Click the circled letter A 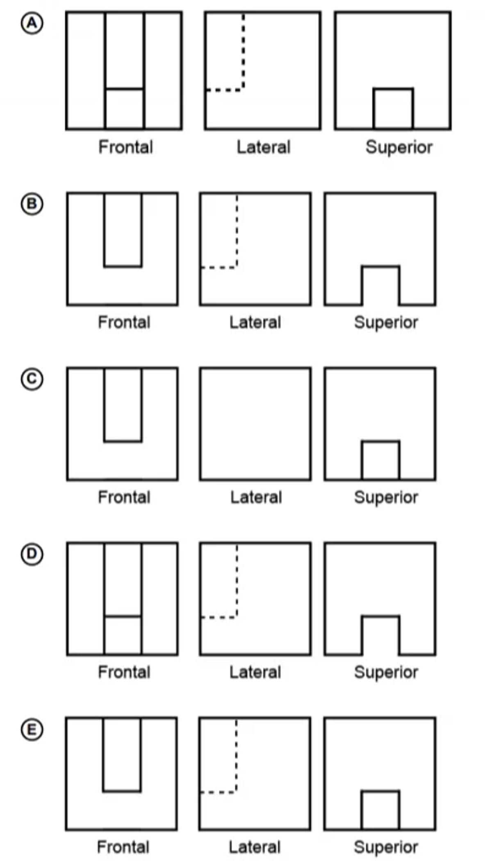[32, 23]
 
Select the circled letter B [32, 204]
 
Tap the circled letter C [32, 379]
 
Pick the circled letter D [32, 554]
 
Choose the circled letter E [32, 729]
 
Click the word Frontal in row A [125, 147]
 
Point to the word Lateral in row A [263, 147]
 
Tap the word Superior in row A [399, 147]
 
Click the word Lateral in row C [256, 498]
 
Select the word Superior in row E [386, 847]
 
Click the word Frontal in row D [124, 672]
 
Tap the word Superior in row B [386, 323]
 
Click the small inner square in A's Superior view [393, 109]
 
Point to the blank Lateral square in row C [255, 424]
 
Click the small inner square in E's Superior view [380, 810]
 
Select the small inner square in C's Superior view [380, 460]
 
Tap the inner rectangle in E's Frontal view [122, 754]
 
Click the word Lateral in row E [255, 847]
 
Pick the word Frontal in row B [124, 323]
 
